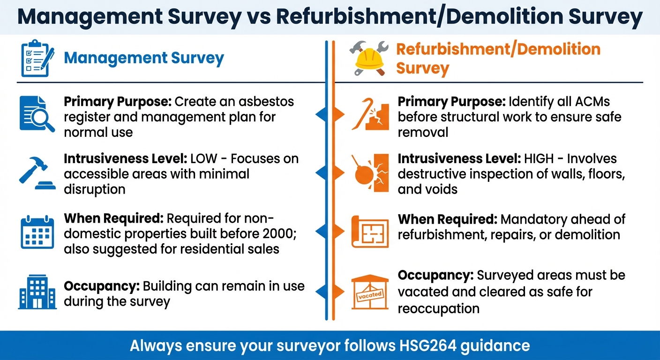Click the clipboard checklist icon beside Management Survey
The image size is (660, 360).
[x=37, y=60]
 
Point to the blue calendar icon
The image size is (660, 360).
[x=37, y=232]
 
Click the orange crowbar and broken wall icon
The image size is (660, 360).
[x=369, y=113]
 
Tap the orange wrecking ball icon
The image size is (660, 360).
[x=369, y=173]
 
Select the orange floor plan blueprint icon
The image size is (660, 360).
[x=370, y=232]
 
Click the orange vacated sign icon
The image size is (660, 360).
[x=370, y=292]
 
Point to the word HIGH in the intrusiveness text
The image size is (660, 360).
[x=549, y=158]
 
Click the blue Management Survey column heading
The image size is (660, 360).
[x=144, y=58]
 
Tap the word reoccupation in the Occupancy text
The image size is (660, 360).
[x=438, y=308]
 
